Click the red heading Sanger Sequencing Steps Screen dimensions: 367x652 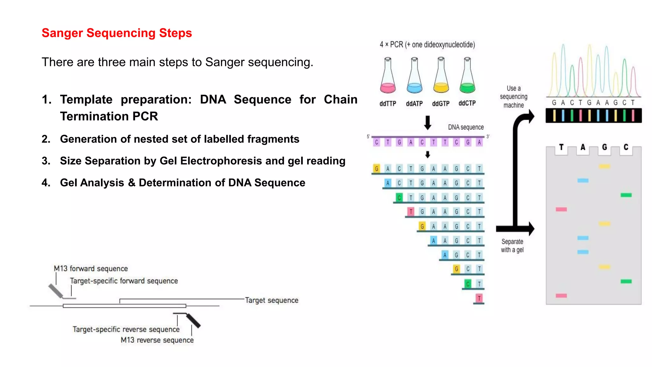point(117,33)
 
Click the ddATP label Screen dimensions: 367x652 point(414,104)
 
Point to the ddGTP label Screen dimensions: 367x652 point(441,104)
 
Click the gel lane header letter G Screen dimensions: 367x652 point(604,147)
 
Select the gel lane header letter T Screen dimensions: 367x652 point(561,147)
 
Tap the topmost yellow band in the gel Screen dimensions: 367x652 point(604,166)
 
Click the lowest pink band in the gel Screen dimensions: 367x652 point(561,296)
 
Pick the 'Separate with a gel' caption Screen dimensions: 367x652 point(512,246)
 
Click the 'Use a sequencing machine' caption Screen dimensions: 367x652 point(514,97)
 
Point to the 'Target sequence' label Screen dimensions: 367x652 point(272,300)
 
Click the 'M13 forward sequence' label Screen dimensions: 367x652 point(91,269)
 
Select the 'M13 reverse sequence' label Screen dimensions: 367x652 point(157,340)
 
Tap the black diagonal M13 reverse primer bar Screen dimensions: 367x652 point(194,321)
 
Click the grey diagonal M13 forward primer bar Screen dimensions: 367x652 point(56,291)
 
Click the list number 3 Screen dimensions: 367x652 point(46,161)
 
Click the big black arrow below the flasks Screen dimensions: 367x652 point(428,123)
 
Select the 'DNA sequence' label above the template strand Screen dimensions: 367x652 point(466,127)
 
